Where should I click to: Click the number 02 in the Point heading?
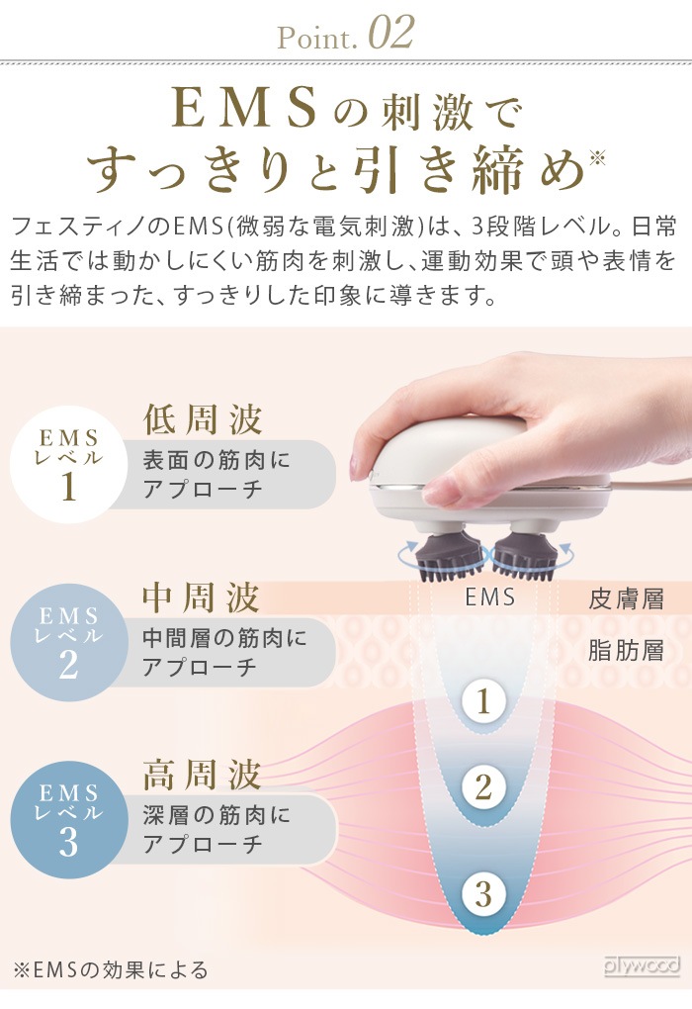click(x=391, y=34)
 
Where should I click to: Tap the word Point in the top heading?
click(x=316, y=38)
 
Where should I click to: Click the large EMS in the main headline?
click(x=245, y=108)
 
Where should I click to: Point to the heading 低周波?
click(x=202, y=418)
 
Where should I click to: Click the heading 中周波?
click(x=202, y=597)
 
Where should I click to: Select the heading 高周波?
click(x=202, y=775)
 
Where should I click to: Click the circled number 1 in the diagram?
click(x=483, y=700)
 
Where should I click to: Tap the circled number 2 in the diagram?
click(x=483, y=787)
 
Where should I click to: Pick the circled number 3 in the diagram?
click(x=483, y=894)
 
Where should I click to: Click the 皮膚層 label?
click(x=626, y=599)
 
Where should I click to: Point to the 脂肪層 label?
click(x=626, y=651)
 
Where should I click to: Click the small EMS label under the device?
click(x=490, y=597)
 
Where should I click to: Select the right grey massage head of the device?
click(x=523, y=553)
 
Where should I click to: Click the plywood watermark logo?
click(x=642, y=965)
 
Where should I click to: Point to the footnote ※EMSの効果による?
click(x=111, y=969)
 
